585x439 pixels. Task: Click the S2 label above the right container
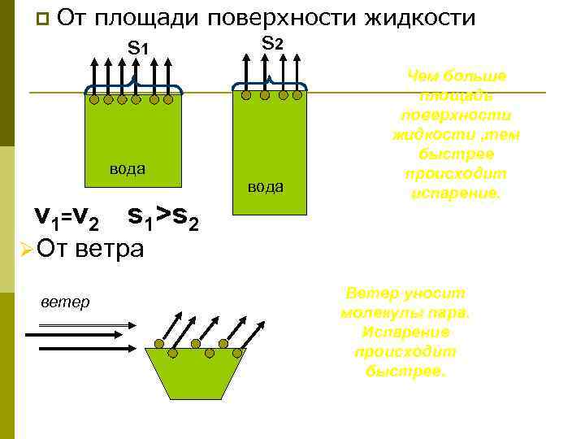pos(272,44)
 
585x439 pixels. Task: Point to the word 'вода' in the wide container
pos(128,168)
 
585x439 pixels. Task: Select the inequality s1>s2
pos(162,215)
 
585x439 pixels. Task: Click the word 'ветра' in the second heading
pos(109,246)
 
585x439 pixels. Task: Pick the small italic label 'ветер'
pos(65,302)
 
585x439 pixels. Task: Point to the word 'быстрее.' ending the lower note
pos(406,371)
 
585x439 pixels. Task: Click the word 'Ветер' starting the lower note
pos(370,293)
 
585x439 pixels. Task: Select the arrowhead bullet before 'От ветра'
pos(25,247)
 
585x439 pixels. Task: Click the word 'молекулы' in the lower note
pos(375,312)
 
